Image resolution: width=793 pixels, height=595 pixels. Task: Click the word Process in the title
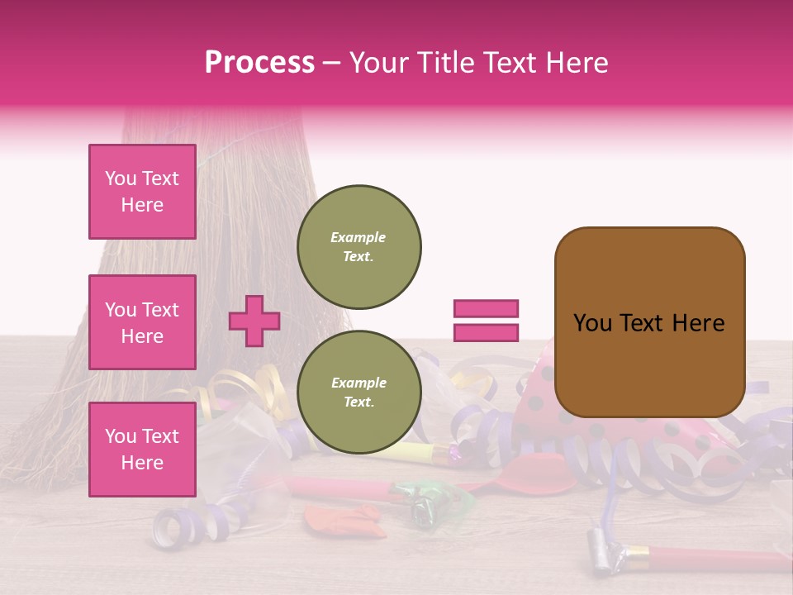click(x=259, y=63)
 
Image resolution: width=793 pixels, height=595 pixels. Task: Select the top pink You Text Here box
click(x=142, y=192)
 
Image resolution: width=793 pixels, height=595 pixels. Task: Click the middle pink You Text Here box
click(x=142, y=322)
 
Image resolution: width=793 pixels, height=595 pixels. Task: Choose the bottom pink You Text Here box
click(x=142, y=450)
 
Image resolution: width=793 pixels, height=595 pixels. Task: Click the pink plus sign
click(x=254, y=321)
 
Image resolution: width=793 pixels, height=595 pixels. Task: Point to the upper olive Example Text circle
click(x=359, y=246)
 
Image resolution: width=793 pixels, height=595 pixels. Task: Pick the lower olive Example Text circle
click(x=359, y=392)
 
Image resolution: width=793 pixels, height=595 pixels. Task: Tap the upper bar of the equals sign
click(x=486, y=308)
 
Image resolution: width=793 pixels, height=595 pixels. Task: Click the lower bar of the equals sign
click(x=486, y=332)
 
